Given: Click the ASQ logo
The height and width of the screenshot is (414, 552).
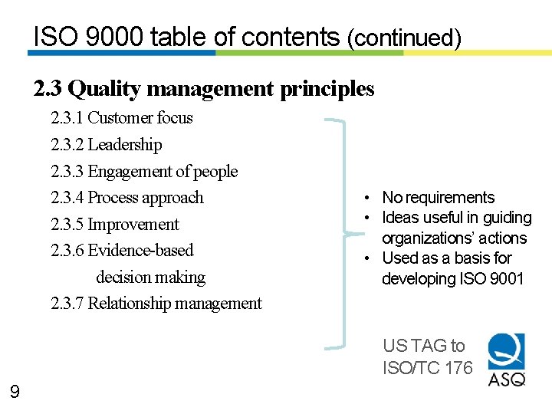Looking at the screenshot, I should (507, 359).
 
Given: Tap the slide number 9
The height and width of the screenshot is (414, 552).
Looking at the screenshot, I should (15, 393).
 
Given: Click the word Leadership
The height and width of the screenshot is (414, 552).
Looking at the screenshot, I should (125, 145).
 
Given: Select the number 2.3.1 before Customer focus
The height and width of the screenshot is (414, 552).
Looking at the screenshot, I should (67, 118).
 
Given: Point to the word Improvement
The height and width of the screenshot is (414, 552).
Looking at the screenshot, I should (133, 225).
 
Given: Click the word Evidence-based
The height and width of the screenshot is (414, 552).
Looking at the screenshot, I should (141, 251).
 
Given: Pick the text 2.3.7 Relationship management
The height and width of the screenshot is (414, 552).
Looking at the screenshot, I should (156, 304).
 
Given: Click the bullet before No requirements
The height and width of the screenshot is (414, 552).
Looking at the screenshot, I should (369, 199).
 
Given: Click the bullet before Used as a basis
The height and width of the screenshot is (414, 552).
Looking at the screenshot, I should (369, 258).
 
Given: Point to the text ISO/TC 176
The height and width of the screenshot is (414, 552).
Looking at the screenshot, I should (428, 368).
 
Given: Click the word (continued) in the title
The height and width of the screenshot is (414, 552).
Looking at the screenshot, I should (404, 38).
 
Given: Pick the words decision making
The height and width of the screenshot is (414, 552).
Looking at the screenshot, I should (151, 278).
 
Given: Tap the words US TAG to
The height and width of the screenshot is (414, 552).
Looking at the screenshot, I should (423, 347).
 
